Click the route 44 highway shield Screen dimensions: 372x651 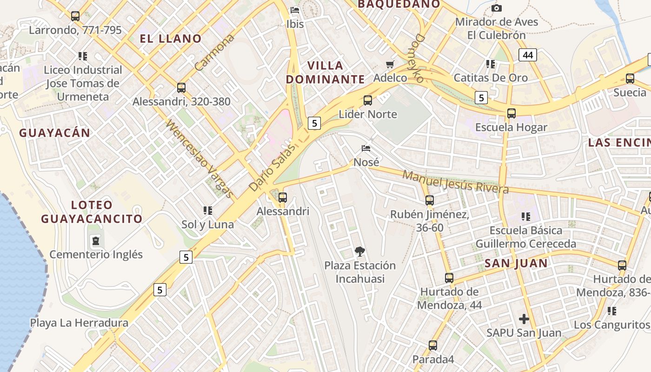(x=527, y=55)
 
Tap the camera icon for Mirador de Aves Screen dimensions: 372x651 (x=497, y=8)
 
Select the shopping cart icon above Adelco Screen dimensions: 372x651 (x=390, y=64)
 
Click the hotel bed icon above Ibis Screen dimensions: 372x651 (x=295, y=10)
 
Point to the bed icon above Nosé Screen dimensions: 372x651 (x=366, y=148)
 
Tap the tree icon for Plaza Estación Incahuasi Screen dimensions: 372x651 (x=359, y=252)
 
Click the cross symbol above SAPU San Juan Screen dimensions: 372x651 (x=524, y=319)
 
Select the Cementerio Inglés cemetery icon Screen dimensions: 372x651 (x=96, y=241)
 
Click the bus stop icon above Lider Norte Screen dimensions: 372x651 (x=368, y=100)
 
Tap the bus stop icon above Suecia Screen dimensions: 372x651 (x=630, y=79)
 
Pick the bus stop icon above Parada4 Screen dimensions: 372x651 (x=433, y=345)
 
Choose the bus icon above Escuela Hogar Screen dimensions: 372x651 (x=511, y=113)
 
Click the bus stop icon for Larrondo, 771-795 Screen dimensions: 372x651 (x=75, y=16)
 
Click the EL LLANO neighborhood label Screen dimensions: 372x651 (x=171, y=39)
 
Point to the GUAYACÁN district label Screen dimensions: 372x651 (x=54, y=133)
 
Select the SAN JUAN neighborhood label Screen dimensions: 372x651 (x=516, y=264)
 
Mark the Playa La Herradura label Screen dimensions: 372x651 (x=79, y=323)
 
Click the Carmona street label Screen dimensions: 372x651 (x=214, y=53)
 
